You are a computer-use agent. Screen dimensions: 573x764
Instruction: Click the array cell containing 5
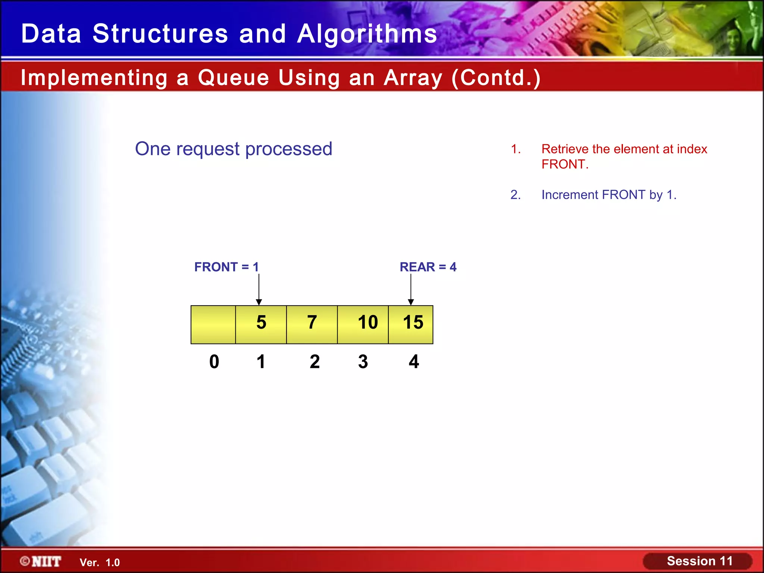pyautogui.click(x=261, y=324)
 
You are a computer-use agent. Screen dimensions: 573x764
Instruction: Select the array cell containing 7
pyautogui.click(x=312, y=324)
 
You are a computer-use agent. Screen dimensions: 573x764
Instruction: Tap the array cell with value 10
pyautogui.click(x=363, y=324)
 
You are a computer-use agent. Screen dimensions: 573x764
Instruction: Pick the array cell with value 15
pyautogui.click(x=411, y=324)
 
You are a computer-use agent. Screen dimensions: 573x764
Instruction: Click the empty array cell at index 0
pyautogui.click(x=213, y=324)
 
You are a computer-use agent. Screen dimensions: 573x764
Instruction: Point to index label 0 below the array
pyautogui.click(x=214, y=361)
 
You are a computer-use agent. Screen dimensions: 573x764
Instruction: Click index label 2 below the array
pyautogui.click(x=314, y=361)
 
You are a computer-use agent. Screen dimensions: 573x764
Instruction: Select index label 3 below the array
pyautogui.click(x=363, y=361)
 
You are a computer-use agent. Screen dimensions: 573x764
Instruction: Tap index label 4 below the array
pyautogui.click(x=414, y=361)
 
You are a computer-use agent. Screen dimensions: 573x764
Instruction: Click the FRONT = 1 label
pyautogui.click(x=226, y=267)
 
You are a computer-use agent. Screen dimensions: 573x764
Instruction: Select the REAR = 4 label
pyautogui.click(x=428, y=267)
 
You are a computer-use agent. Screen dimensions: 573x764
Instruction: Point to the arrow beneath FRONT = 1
pyautogui.click(x=259, y=289)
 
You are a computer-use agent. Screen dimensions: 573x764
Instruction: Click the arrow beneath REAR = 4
pyautogui.click(x=411, y=289)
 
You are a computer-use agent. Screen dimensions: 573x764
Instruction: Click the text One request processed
pyautogui.click(x=234, y=149)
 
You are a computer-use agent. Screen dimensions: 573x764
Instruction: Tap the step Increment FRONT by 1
pyautogui.click(x=609, y=195)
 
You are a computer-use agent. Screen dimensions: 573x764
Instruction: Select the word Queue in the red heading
pyautogui.click(x=234, y=78)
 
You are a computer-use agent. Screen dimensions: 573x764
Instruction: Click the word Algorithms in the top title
pyautogui.click(x=367, y=34)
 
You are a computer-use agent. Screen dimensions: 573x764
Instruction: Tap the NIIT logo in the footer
pyautogui.click(x=41, y=561)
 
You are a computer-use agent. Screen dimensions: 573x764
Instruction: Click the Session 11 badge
pyautogui.click(x=699, y=561)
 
